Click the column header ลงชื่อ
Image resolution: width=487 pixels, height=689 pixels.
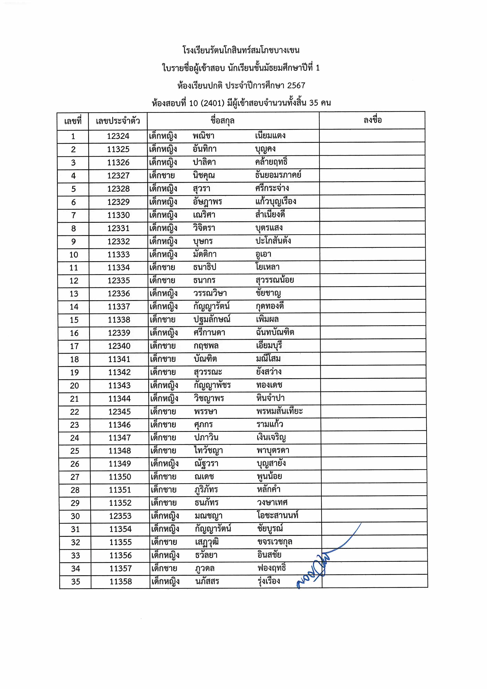click(x=372, y=120)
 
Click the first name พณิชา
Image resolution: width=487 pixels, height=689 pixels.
click(x=203, y=136)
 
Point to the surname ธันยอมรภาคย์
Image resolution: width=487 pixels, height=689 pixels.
click(x=278, y=175)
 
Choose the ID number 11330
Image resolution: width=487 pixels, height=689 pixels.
click(x=119, y=215)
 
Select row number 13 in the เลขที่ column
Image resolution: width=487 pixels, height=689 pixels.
click(x=74, y=294)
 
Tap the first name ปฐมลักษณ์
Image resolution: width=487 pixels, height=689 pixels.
click(x=212, y=319)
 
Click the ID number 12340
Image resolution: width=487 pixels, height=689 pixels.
click(x=119, y=346)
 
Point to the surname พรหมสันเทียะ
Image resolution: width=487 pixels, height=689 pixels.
click(x=279, y=411)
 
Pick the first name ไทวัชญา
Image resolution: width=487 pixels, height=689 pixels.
click(x=208, y=450)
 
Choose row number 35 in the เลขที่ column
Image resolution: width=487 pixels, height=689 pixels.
click(x=76, y=582)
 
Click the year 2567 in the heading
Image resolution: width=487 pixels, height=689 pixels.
click(x=296, y=85)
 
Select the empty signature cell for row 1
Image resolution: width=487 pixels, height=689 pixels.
click(x=372, y=136)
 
